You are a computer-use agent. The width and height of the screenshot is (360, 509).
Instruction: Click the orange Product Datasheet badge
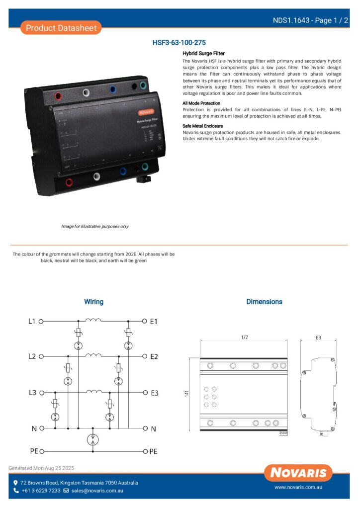[x=61, y=28]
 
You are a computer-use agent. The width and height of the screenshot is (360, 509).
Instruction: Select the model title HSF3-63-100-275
[x=179, y=43]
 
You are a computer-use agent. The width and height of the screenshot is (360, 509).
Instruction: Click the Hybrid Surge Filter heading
[x=203, y=53]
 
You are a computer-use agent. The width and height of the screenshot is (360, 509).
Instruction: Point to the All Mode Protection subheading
[x=201, y=103]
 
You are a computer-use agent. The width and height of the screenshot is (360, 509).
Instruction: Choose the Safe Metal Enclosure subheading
[x=203, y=126]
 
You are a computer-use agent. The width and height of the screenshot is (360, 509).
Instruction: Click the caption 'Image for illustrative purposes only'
[x=94, y=226]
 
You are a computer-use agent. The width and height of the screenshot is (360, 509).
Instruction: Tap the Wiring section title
[x=93, y=302]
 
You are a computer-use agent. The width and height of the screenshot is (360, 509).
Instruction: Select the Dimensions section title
[x=264, y=302]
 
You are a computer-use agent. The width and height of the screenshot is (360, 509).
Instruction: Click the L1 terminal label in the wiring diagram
[x=31, y=321]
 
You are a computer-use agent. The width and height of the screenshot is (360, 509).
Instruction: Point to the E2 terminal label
[x=154, y=356]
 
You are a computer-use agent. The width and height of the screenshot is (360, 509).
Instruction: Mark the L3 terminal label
[x=31, y=393]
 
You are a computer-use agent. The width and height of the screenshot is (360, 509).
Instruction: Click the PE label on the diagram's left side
[x=33, y=451]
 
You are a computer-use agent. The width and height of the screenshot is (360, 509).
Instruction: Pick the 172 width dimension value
[x=244, y=338]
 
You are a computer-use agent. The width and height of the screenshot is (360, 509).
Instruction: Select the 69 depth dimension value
[x=318, y=338]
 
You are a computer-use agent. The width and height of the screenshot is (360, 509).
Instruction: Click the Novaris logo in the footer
[x=298, y=473]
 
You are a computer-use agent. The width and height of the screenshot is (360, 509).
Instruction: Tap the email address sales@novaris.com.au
[x=97, y=491]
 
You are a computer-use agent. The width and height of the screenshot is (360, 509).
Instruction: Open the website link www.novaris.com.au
[x=298, y=488]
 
